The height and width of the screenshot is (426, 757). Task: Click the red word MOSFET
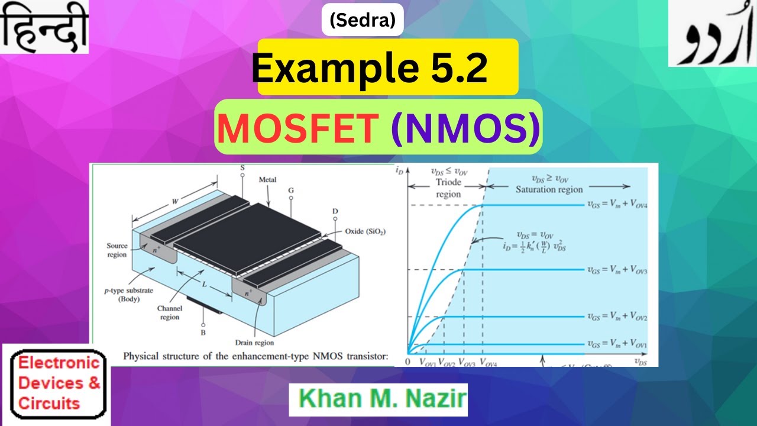(299, 127)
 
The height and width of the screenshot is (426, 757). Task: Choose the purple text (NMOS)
(466, 127)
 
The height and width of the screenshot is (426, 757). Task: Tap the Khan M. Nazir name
(378, 399)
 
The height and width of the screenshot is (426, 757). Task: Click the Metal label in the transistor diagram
(267, 179)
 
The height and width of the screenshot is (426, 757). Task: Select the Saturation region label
(549, 189)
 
